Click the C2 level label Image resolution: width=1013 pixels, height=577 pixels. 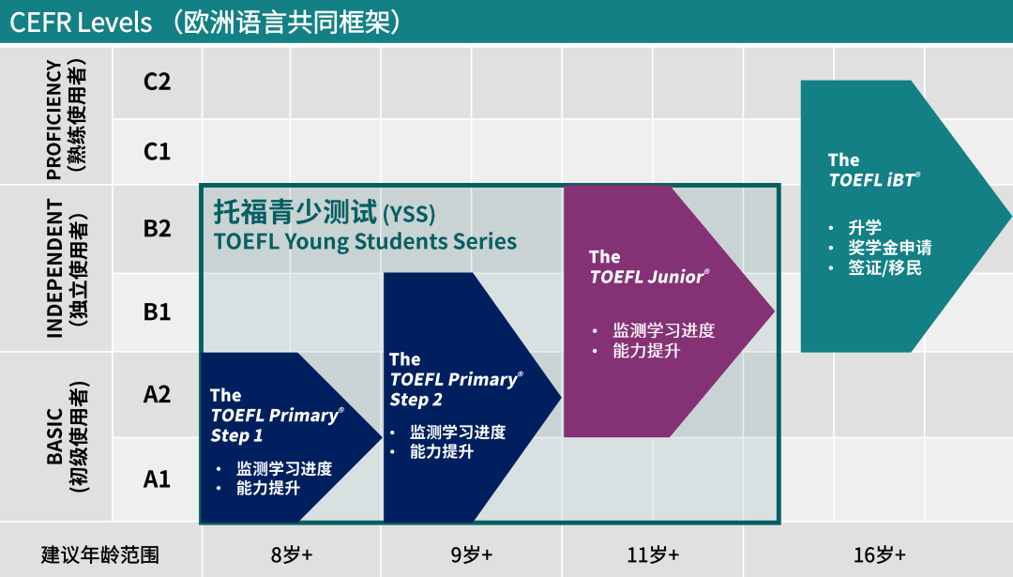pos(157,82)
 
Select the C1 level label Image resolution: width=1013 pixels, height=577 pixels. pos(157,151)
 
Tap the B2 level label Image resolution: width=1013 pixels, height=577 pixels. pos(157,228)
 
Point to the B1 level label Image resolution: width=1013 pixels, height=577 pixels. pos(157,311)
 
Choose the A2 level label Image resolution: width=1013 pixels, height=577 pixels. pos(157,394)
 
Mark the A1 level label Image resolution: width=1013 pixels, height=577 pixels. pos(157,479)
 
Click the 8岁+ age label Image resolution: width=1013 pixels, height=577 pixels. pos(291,554)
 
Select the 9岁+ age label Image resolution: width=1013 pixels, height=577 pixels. pos(471,554)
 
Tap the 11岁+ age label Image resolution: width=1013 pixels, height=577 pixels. pos(653,554)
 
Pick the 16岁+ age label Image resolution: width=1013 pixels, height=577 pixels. pos(879,554)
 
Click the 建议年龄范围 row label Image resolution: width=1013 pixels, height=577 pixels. pos(100,554)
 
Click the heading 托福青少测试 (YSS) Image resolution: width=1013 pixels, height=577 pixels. pos(325,212)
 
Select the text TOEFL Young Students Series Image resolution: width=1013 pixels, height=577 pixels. pos(365,241)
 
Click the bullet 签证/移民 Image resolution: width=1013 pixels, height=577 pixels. pos(884,268)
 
